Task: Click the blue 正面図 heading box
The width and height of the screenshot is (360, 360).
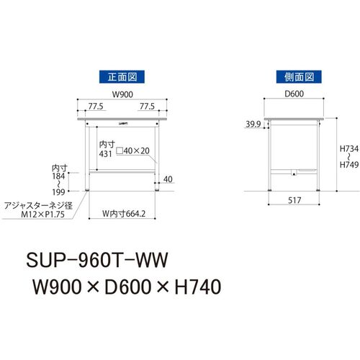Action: pos(122,77)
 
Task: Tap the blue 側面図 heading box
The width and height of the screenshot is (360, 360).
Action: pos(299,77)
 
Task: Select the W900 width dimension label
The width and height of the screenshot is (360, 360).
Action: pos(122,94)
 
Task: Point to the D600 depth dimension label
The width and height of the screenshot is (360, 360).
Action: pos(294,94)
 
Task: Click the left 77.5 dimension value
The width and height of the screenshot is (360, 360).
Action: pos(96,107)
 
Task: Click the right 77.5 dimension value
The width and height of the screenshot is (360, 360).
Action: pos(147,107)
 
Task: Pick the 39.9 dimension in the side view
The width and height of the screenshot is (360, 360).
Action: pos(253,124)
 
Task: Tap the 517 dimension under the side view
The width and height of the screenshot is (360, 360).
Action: pos(294,200)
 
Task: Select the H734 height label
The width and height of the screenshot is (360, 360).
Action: pos(349,149)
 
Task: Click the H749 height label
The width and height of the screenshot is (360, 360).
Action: pos(349,165)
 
